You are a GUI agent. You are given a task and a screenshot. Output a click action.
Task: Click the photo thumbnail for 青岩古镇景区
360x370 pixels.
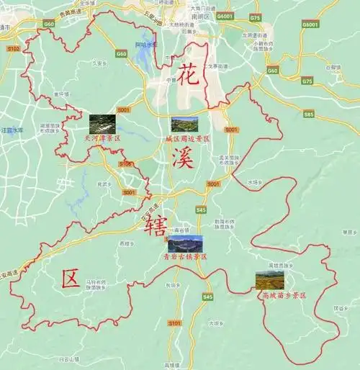coord(186,245)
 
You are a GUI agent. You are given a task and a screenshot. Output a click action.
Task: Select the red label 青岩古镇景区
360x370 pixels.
coord(185,257)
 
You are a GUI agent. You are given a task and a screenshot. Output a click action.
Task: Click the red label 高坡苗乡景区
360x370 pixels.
coord(284,295)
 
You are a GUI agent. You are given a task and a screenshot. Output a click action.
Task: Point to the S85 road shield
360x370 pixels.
coord(308,114)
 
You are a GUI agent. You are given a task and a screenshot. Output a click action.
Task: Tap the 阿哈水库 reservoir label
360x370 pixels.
coord(148,45)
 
